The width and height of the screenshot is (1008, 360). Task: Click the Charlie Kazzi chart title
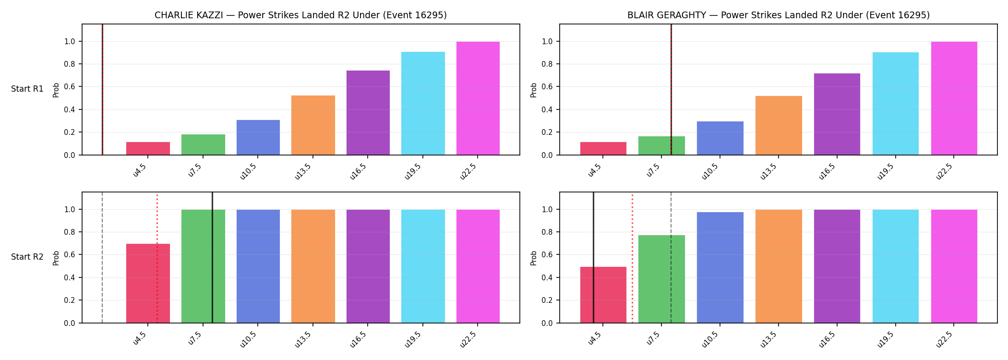[300, 15]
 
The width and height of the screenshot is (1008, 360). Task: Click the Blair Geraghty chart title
[779, 15]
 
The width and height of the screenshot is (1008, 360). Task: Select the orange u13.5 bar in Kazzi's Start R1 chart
[313, 125]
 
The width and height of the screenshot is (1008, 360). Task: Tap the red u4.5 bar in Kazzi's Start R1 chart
[148, 148]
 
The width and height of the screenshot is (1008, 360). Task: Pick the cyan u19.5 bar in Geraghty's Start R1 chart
[896, 104]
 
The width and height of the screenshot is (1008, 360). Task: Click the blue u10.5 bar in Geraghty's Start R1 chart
[720, 138]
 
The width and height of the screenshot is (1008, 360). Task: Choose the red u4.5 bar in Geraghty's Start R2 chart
[603, 295]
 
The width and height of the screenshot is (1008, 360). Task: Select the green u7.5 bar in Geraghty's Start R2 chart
[661, 279]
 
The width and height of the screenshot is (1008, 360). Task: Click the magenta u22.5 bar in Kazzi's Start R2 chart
[478, 266]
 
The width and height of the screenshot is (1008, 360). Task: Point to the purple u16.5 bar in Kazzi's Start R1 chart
[368, 113]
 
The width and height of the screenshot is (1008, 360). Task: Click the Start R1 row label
[27, 89]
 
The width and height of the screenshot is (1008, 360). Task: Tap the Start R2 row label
[27, 257]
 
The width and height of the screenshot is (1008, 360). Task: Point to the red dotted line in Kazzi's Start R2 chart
[157, 259]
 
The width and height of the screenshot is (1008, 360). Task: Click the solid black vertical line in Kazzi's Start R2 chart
[212, 257]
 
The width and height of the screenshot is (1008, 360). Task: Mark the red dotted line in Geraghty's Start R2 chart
[632, 259]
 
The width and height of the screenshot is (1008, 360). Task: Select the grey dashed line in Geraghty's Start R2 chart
[671, 257]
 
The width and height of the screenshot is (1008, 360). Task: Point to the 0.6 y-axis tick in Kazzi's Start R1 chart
[70, 87]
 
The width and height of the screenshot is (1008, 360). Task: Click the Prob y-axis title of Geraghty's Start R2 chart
[534, 258]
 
